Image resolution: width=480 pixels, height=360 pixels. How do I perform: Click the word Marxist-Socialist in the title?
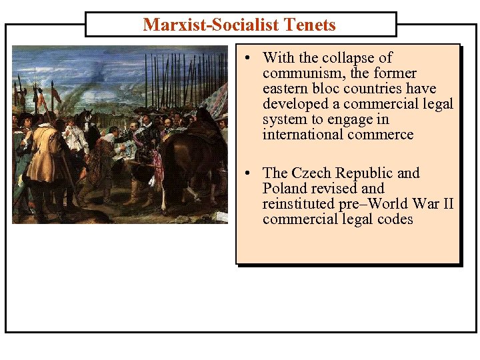[211, 25]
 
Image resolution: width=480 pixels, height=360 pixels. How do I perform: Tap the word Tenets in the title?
[309, 25]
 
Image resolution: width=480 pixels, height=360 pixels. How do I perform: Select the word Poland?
[285, 189]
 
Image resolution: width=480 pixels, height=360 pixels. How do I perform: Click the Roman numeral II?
[446, 204]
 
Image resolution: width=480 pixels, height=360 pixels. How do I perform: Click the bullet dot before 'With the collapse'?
[247, 58]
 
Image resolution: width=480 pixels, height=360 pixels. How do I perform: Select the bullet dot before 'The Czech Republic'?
[247, 173]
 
